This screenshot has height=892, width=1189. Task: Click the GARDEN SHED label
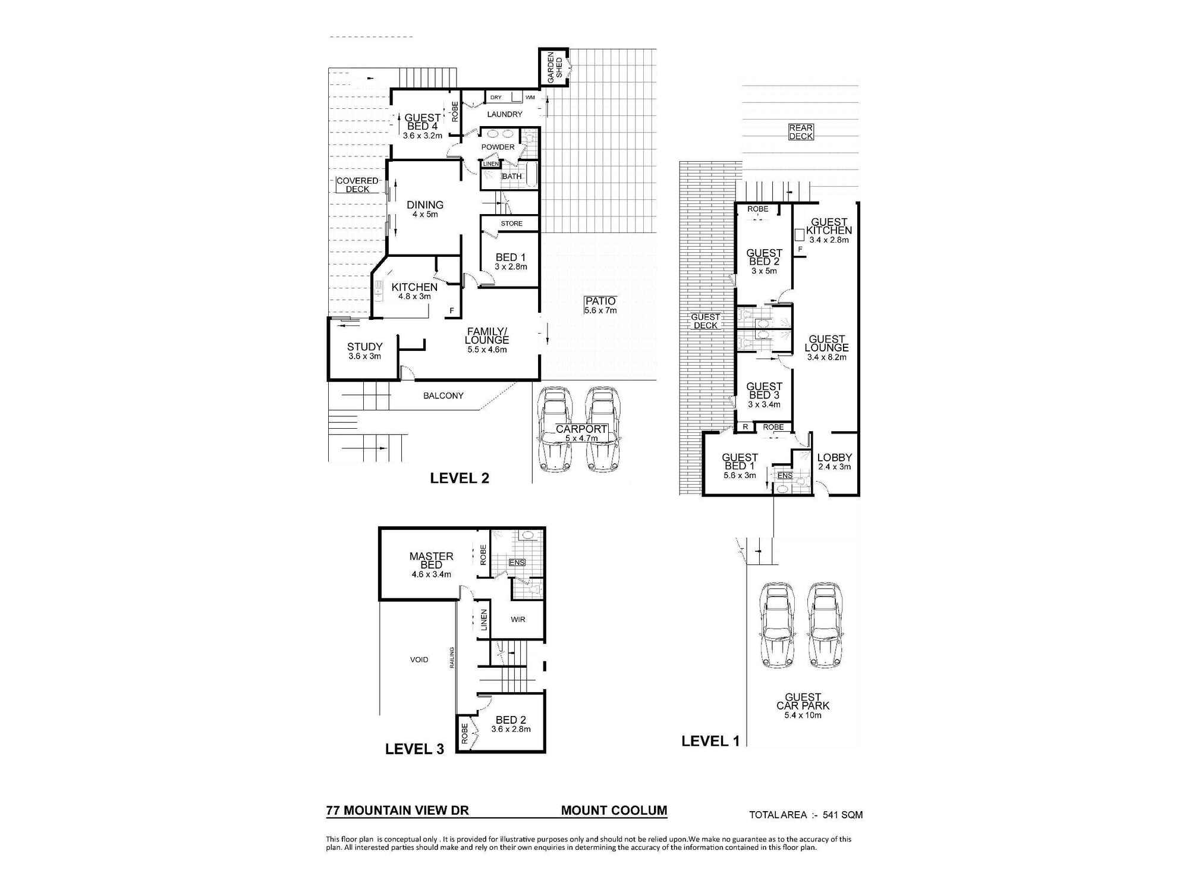point(554,67)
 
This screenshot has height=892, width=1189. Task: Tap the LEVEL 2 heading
point(459,478)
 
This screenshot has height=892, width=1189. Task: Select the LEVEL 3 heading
point(414,749)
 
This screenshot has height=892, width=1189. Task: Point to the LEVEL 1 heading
point(710,741)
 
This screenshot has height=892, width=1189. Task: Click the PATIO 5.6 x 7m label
point(600,305)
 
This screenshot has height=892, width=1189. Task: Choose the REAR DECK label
point(800,132)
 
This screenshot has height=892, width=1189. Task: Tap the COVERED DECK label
point(357,185)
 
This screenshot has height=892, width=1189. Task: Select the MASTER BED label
point(431,560)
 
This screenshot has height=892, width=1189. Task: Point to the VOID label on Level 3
point(419,659)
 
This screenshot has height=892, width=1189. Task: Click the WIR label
point(518,619)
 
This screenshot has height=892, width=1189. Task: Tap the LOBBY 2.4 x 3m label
point(834,461)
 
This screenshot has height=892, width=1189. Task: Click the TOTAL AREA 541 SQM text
point(806,815)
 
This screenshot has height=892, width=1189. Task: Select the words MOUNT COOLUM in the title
point(614,811)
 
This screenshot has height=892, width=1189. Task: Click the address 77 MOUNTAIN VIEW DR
point(397,811)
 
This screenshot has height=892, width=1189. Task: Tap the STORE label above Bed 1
point(511,224)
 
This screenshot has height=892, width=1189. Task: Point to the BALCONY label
point(443,395)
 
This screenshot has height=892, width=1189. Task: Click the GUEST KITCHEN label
point(829,227)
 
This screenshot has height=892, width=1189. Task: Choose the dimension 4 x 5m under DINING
point(425,215)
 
